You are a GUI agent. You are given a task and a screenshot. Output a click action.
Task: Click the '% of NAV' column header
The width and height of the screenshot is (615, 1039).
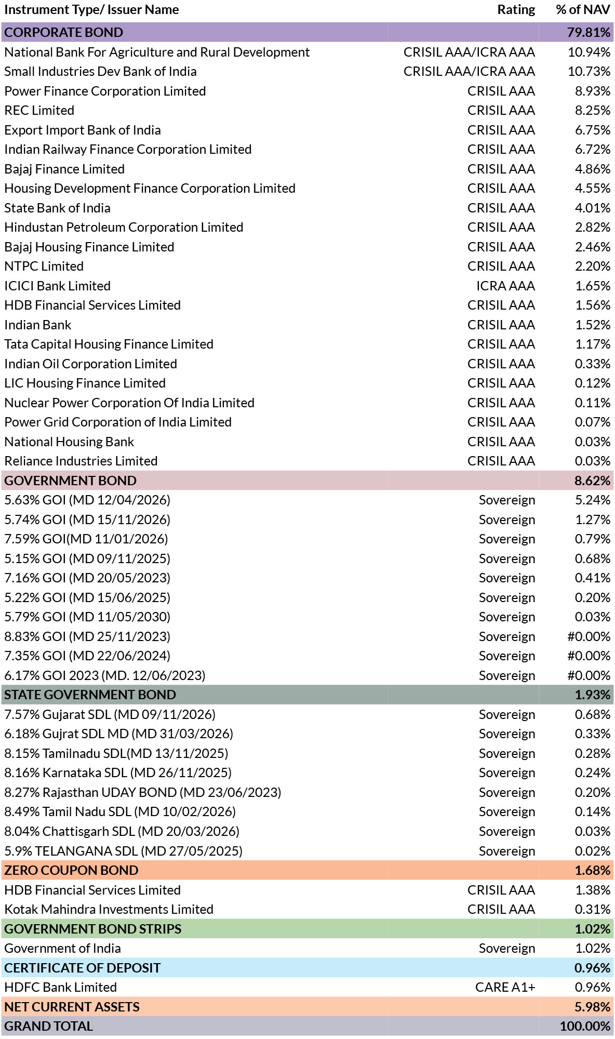(x=583, y=10)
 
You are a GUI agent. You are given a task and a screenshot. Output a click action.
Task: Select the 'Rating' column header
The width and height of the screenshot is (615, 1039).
(x=516, y=10)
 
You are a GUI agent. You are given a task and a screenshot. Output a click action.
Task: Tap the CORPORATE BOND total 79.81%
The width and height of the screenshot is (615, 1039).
(x=589, y=32)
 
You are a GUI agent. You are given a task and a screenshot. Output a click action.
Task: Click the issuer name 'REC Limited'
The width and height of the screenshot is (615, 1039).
(x=39, y=110)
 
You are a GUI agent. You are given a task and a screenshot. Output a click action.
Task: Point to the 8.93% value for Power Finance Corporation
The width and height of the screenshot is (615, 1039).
(x=592, y=91)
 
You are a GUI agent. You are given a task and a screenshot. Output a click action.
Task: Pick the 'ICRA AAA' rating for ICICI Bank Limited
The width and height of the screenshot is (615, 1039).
(x=505, y=286)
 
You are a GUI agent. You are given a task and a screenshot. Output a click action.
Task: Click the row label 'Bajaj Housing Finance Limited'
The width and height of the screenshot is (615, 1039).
(x=89, y=247)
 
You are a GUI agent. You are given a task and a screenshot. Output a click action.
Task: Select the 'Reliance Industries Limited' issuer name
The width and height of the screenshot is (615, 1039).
(x=81, y=461)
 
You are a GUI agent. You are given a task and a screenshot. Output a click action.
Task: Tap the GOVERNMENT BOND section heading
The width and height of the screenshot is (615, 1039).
(x=71, y=481)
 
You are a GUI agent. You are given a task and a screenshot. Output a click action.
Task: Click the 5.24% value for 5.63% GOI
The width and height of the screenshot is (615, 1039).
(x=592, y=500)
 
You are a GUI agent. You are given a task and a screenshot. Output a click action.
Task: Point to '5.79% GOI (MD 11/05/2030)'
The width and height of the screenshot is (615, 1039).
(x=87, y=617)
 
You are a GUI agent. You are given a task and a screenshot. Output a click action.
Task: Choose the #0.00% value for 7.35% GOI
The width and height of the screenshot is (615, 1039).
(x=589, y=656)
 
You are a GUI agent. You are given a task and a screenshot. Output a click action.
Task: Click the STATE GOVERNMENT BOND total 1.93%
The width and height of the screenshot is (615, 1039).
(x=592, y=695)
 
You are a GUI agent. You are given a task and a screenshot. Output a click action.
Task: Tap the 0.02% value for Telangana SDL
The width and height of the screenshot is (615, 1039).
(x=592, y=851)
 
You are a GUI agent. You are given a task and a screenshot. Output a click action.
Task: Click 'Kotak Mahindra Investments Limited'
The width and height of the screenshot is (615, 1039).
(x=109, y=909)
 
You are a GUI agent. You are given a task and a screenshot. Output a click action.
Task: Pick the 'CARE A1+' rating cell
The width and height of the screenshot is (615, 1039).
(x=505, y=987)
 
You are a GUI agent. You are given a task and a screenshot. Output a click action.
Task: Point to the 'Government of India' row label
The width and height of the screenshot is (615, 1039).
(x=63, y=948)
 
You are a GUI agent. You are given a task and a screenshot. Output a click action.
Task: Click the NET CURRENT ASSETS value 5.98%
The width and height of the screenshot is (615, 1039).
(x=592, y=1007)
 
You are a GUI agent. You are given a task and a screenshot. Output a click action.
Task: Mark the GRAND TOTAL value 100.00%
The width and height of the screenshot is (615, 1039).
(x=585, y=1026)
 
